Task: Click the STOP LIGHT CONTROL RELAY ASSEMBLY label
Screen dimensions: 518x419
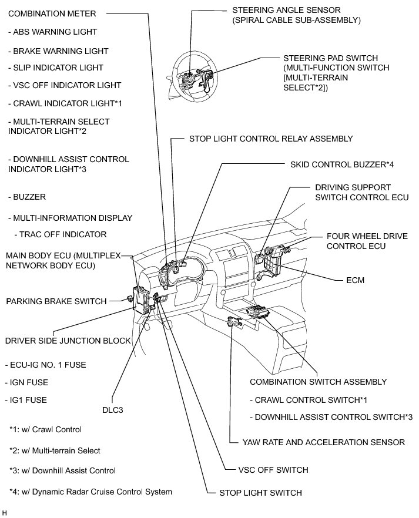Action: coord(270,139)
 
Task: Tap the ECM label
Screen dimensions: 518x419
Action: coord(356,281)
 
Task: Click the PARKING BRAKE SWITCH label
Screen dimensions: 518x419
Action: coord(56,301)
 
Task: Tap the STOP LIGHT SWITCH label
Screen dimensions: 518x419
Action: coord(260,493)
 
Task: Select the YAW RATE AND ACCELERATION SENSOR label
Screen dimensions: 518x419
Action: coord(324,442)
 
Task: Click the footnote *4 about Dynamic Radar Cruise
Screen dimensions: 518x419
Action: coord(91,492)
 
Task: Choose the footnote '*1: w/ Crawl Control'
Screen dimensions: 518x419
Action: coord(45,429)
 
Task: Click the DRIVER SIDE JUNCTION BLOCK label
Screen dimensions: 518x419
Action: coord(67,341)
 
